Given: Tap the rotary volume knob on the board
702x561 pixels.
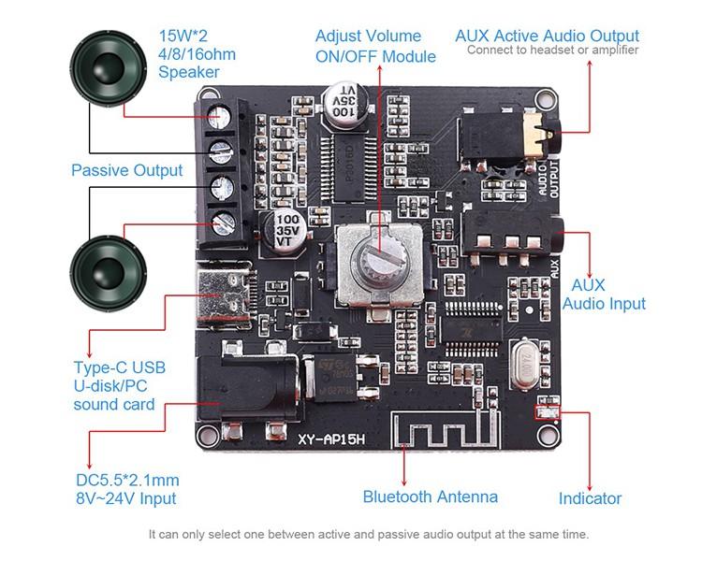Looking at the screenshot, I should point(373,253).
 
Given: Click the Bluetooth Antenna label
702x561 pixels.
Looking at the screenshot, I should point(430,496).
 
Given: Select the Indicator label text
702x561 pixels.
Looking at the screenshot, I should point(590,498).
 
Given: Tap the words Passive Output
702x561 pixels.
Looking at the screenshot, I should point(126,170).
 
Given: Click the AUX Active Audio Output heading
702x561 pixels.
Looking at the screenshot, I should point(547,36).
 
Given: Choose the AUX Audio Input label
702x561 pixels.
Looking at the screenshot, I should point(603,294).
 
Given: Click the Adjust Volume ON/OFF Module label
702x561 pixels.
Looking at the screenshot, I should point(375,46).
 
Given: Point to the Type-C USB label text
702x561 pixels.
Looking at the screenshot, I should point(119,367).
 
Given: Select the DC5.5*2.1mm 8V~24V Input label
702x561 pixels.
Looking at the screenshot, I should point(127,490).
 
